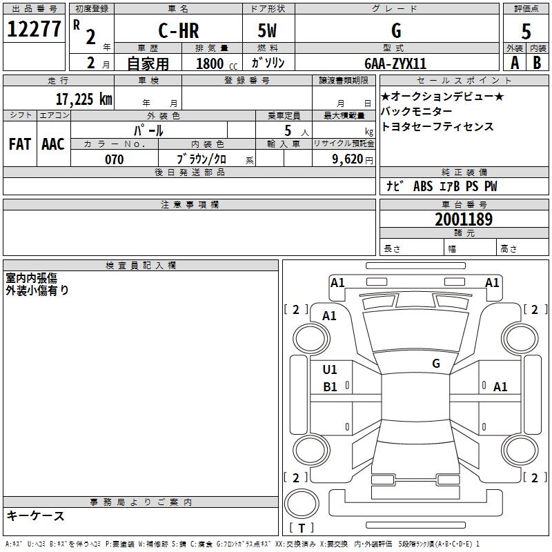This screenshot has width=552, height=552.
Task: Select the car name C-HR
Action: (x=178, y=31)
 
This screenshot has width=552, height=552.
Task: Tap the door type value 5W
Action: (x=268, y=31)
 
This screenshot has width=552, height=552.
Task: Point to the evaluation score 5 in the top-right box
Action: (x=526, y=31)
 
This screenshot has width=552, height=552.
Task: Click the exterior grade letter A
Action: (x=515, y=63)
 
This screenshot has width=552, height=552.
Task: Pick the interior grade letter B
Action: (x=537, y=63)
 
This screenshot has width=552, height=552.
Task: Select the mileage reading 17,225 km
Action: (x=83, y=99)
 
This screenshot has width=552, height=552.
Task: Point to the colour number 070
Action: (x=114, y=159)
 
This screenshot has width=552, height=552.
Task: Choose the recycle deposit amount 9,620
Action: (x=348, y=159)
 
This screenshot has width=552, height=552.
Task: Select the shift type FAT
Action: (x=20, y=144)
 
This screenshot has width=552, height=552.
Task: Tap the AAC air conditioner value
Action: (x=53, y=144)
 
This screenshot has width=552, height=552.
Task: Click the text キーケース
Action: (x=35, y=516)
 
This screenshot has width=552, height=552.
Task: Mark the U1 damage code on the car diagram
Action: (x=331, y=370)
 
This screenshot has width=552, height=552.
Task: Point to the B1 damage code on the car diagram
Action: (x=331, y=387)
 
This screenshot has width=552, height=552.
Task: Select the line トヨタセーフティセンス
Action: (x=437, y=126)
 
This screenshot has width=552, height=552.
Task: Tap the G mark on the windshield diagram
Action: (x=436, y=364)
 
